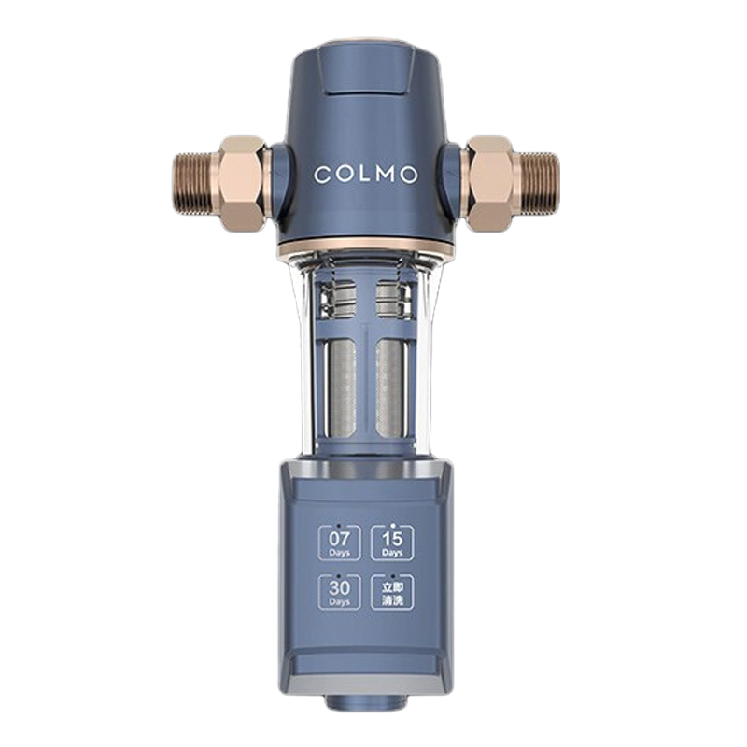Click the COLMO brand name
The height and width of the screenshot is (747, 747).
(365, 175)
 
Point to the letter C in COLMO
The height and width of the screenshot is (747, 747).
(321, 175)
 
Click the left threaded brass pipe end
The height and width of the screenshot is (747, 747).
(194, 183)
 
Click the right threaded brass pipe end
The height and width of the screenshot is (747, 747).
(539, 183)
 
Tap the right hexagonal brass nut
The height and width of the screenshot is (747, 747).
(490, 182)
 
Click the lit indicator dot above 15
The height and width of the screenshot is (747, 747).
(392, 524)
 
